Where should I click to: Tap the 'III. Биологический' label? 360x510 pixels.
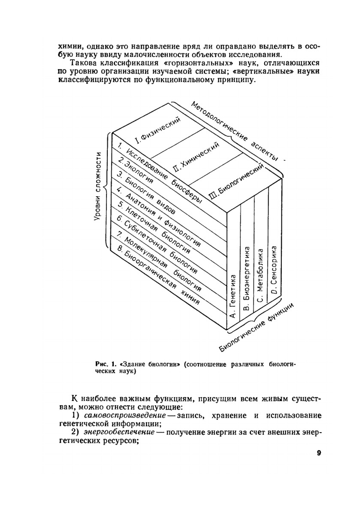(237, 181)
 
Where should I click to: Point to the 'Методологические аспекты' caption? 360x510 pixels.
(235, 131)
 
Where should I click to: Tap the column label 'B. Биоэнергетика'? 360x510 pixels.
(247, 279)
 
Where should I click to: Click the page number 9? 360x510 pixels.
(319, 453)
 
